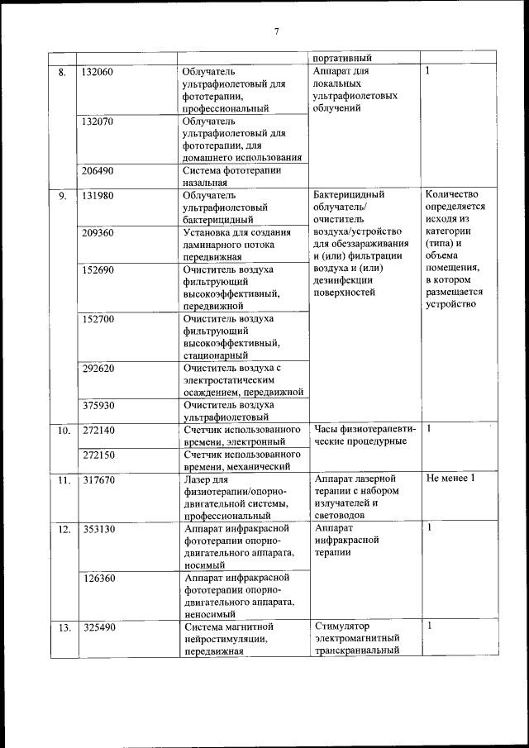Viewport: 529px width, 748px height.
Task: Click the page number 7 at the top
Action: (277, 31)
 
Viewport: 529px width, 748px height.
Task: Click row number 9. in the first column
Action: (62, 196)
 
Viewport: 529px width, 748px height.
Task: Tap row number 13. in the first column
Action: (63, 627)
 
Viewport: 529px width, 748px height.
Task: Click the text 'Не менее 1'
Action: (450, 479)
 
